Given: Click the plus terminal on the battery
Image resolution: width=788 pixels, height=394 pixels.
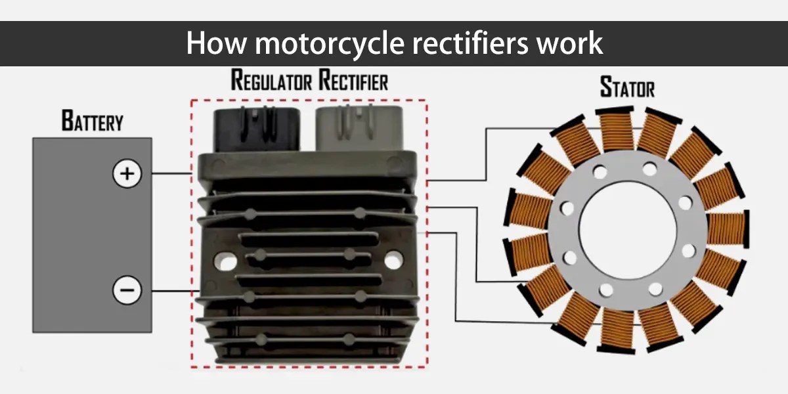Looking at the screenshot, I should [x=127, y=174].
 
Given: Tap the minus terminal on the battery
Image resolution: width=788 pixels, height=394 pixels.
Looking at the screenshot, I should [x=127, y=290].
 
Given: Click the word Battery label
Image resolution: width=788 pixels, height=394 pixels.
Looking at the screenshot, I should [x=92, y=121].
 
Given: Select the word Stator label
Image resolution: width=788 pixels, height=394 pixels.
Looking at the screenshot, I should [x=627, y=87].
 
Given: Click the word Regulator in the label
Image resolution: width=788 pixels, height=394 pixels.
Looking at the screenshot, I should [x=271, y=81].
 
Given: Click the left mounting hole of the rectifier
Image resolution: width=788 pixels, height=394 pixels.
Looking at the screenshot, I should [x=227, y=261].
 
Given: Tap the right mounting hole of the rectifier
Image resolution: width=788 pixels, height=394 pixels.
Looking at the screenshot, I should [x=393, y=261].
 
